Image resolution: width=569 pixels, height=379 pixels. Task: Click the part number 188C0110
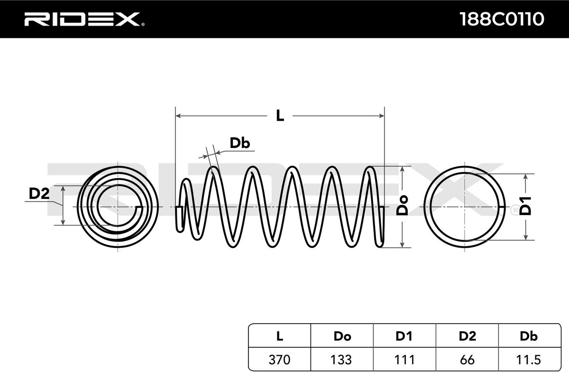tap(502, 19)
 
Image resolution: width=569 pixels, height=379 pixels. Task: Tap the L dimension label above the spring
tap(280, 115)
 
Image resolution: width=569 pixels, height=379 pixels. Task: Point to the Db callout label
tap(239, 143)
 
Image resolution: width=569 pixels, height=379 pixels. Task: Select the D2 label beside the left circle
tap(39, 193)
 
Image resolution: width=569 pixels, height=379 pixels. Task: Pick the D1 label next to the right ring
tap(525, 206)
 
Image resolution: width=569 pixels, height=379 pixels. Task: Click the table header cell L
tap(280, 336)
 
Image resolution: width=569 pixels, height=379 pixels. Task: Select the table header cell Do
tap(342, 336)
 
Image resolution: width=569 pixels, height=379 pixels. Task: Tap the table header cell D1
tap(404, 336)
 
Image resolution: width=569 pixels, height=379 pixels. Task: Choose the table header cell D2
tap(467, 336)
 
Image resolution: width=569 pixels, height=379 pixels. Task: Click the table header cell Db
tap(528, 336)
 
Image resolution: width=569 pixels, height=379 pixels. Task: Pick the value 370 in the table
tap(280, 360)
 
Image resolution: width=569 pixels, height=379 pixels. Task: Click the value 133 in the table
tap(342, 360)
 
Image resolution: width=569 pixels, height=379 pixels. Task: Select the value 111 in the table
tap(404, 360)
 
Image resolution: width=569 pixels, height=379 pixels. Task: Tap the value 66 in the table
tap(467, 360)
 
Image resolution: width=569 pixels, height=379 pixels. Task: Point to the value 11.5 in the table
tap(528, 360)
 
